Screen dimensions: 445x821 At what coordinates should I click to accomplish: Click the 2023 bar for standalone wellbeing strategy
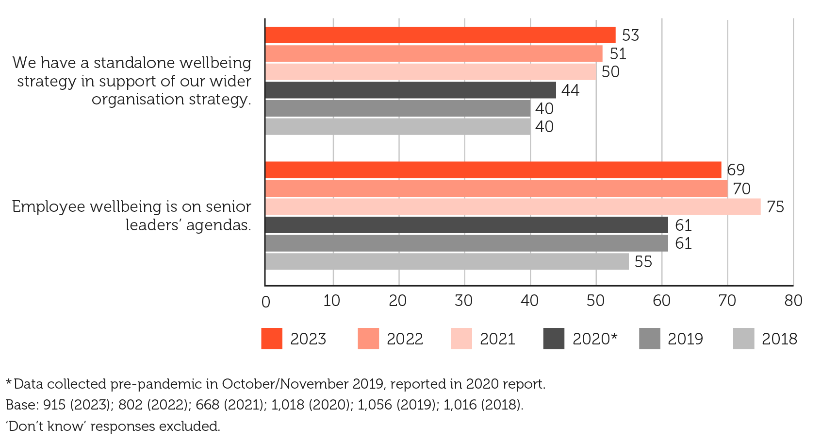[x=440, y=35]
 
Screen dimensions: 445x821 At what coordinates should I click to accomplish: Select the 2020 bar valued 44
[x=410, y=90]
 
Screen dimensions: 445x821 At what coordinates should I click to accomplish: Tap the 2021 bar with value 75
[x=513, y=206]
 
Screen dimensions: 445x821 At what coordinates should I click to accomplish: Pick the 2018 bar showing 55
[x=447, y=261]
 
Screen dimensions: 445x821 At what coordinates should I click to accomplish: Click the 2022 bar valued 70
[x=496, y=188]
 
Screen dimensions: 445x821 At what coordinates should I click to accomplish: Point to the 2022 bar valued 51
[x=434, y=53]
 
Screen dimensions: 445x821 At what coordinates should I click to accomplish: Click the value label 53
[x=630, y=35]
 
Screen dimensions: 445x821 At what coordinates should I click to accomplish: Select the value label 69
[x=736, y=170]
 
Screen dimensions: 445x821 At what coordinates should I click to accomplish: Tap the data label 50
[x=610, y=72]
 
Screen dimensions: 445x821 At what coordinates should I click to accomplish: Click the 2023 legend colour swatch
[x=272, y=339]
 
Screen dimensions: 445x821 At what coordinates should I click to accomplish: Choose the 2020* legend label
[x=594, y=339]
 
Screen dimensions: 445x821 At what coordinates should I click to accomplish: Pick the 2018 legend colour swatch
[x=743, y=339]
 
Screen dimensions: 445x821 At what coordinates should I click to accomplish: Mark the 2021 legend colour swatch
[x=461, y=339]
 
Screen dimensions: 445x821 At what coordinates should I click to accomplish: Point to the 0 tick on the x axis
[x=266, y=302]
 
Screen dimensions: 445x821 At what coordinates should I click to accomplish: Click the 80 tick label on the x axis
[x=793, y=301]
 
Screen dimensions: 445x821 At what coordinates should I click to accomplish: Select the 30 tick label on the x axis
[x=463, y=301]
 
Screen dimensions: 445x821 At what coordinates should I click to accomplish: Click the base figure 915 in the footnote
[x=52, y=405]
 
